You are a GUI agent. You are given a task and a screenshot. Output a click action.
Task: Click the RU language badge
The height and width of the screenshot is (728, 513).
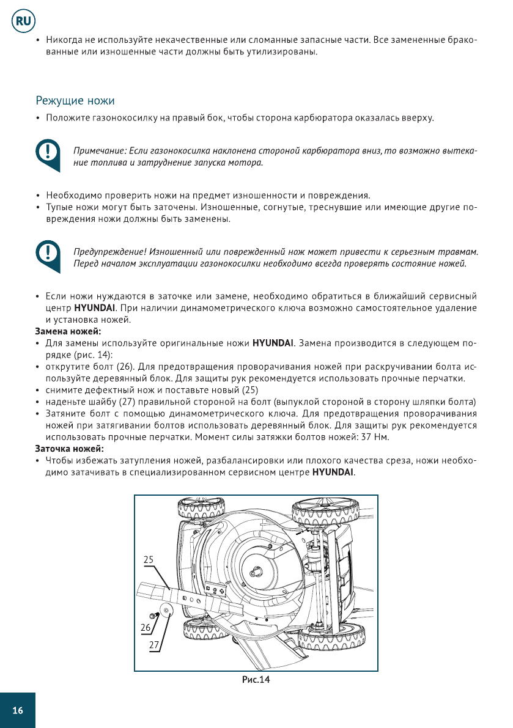coord(23,21)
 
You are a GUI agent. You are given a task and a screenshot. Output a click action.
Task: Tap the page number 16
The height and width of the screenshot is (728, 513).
coord(17,710)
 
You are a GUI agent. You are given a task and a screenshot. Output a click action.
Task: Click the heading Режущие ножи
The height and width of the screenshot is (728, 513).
coord(75,100)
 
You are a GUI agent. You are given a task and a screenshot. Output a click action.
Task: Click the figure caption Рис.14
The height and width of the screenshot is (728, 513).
coord(256,680)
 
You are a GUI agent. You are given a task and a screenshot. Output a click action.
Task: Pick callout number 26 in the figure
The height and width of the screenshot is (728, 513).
coord(146,627)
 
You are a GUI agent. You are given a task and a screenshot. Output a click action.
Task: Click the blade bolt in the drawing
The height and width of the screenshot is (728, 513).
coord(152,614)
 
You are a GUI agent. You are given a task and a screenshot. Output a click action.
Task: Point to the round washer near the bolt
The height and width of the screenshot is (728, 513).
coord(165,611)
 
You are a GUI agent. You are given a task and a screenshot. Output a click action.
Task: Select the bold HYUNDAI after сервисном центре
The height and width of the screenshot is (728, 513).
coord(333,472)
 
